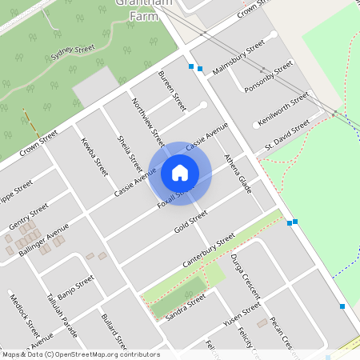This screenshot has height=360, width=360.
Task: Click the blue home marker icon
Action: pyautogui.click(x=180, y=172)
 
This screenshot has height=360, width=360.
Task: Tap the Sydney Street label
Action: pyautogui.click(x=73, y=54)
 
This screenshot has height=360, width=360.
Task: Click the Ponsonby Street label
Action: pyautogui.click(x=265, y=78)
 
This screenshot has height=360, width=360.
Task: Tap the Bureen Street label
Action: pyautogui.click(x=172, y=90)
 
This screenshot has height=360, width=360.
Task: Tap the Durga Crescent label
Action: pyautogui.click(x=241, y=275)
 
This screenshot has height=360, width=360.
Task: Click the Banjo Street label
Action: pyautogui.click(x=77, y=284)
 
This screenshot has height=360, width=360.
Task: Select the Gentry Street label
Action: pyautogui.click(x=28, y=216)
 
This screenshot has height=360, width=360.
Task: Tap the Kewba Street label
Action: pyautogui.click(x=94, y=155)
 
